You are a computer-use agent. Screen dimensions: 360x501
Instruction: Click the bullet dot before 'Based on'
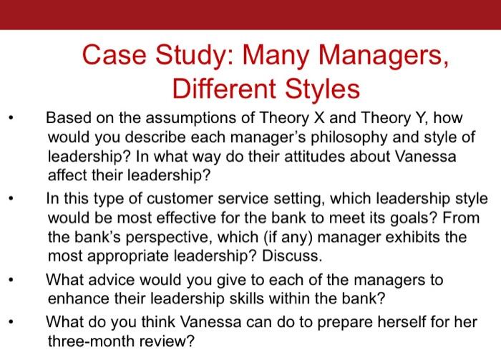click(10, 119)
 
